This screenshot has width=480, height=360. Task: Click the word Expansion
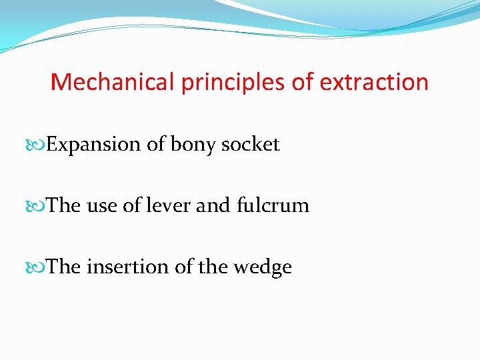(94, 144)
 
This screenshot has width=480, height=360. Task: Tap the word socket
(253, 144)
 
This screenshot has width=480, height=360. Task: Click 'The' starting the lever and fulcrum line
(64, 205)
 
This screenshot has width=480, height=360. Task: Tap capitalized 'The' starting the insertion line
(64, 267)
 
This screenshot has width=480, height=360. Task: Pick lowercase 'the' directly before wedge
(213, 267)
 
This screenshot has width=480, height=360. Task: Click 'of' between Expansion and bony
(155, 144)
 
